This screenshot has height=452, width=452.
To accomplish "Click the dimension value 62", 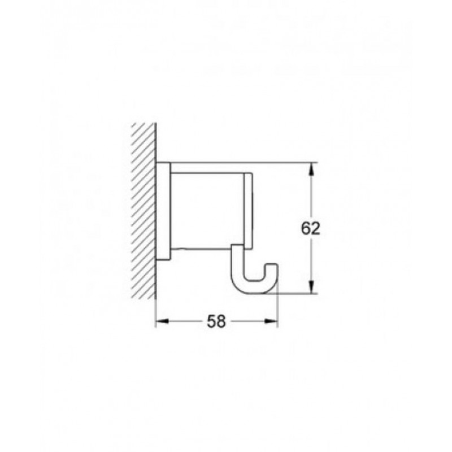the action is (x=310, y=229).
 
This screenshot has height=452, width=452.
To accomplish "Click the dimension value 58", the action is (x=216, y=321).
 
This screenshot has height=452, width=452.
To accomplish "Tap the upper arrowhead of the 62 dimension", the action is (x=311, y=169).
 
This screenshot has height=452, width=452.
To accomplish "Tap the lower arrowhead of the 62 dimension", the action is (x=311, y=287).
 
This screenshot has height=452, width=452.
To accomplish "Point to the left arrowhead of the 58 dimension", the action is (x=162, y=321).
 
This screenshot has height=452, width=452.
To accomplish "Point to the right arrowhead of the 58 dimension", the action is (x=271, y=321).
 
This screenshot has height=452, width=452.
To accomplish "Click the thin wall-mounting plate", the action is (x=163, y=211).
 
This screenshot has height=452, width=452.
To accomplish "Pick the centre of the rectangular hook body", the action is (x=207, y=210).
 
